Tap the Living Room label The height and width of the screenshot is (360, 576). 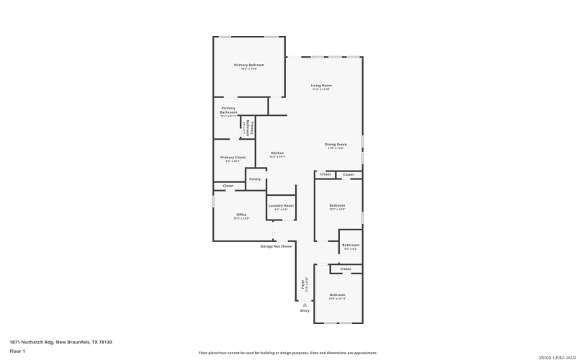pos(321,86)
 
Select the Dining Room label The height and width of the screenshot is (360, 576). pos(336,145)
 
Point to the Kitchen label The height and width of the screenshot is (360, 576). pos(277,153)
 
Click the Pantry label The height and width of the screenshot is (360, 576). pos(254,179)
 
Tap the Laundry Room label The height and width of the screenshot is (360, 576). pos(281,206)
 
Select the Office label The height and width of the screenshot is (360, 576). pos(241,215)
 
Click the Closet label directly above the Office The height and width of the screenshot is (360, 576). pos(228,186)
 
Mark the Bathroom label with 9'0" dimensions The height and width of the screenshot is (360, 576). pos(351,245)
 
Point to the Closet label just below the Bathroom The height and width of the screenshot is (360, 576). pos(346,269)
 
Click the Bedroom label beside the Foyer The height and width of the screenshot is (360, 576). pos(338,295)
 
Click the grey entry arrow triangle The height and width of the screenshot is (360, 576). pos(305,305)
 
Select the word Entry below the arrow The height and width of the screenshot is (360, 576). pos(305,311)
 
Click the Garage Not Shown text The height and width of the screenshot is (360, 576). pos(276,246)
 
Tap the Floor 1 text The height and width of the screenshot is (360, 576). pos(17,351)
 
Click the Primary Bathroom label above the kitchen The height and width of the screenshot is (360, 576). pos(228,111)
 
